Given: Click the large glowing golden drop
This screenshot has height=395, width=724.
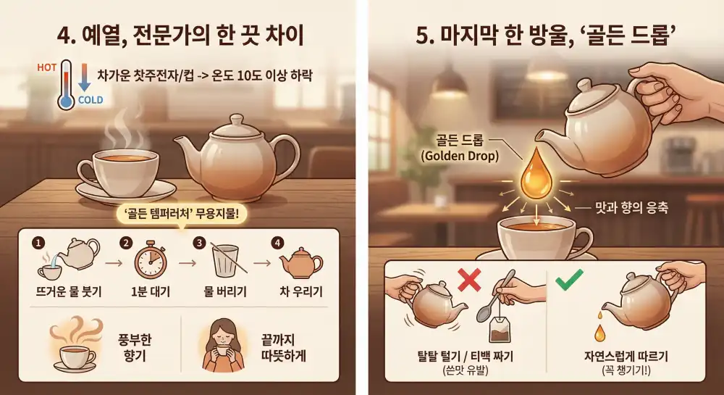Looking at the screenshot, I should click(536, 175).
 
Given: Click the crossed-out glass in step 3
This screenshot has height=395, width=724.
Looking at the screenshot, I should click(225, 261).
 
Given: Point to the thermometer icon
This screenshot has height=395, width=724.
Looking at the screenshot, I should click(66, 85).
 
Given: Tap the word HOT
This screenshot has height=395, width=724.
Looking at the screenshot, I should click(46, 67).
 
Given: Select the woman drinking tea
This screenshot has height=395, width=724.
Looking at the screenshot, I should click(222, 344).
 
